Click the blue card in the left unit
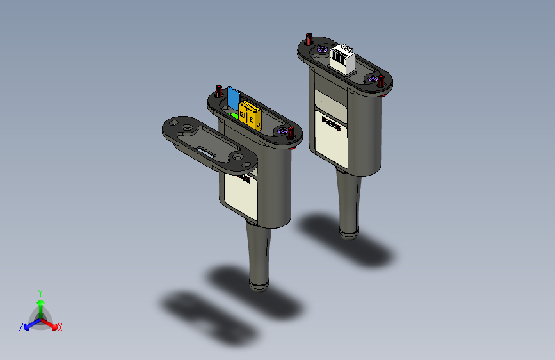click(x=232, y=97)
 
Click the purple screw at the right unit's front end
click(x=372, y=78)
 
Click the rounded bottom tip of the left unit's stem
click(x=258, y=284)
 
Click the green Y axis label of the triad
click(x=40, y=291)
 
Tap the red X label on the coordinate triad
click(x=60, y=327)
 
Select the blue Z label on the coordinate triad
click(x=21, y=327)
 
